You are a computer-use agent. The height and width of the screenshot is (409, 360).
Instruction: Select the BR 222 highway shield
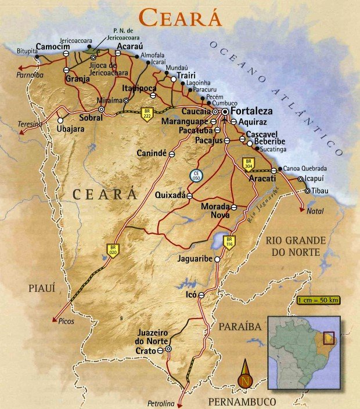tap(148, 114)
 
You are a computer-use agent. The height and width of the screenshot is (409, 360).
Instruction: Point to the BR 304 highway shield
tap(249, 164)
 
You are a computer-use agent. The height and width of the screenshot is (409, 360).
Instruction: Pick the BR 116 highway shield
tap(229, 242)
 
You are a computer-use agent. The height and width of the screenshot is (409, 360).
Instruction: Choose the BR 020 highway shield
tap(111, 249)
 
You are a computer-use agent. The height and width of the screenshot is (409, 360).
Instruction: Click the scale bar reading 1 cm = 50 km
tap(318, 301)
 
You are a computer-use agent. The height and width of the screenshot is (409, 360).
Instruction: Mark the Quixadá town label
tap(170, 196)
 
